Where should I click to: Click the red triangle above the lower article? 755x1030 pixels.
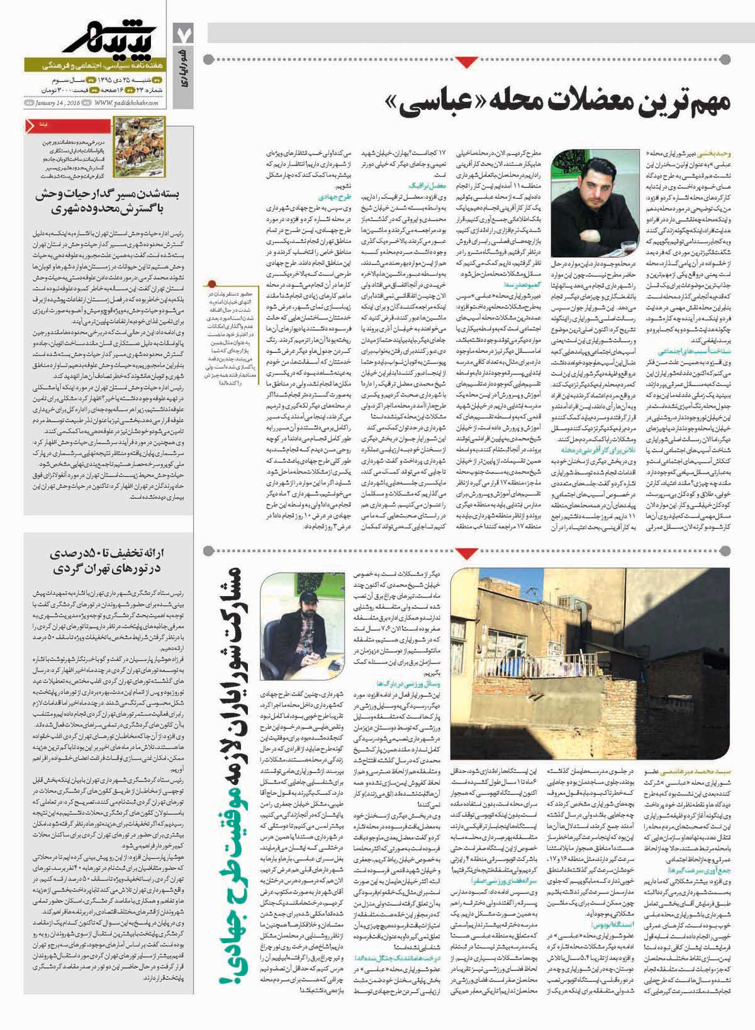pyautogui.click(x=468, y=536)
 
